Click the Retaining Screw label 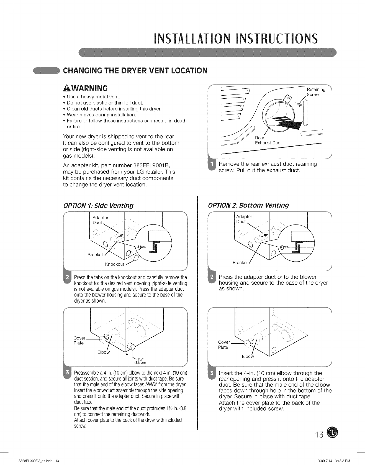[x=316, y=92]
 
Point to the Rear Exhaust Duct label [x=268, y=140]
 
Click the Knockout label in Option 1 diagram [x=114, y=264]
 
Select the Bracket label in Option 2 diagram [x=240, y=262]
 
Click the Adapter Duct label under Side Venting [x=100, y=220]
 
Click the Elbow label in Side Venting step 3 [x=104, y=352]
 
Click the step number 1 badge [x=212, y=167]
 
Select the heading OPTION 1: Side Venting [x=98, y=205]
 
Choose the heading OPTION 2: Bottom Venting [x=248, y=205]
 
